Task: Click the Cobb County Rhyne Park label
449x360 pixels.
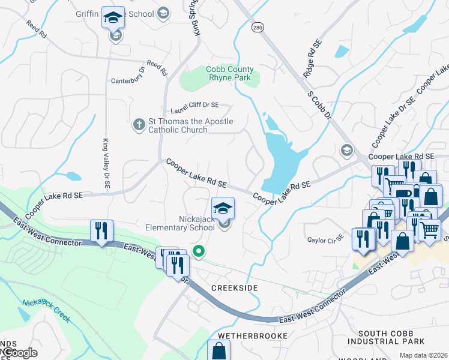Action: (x=231, y=73)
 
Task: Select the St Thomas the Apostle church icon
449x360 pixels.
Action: (x=138, y=124)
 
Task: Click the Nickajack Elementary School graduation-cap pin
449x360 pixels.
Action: (x=223, y=208)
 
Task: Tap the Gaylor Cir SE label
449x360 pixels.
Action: (x=325, y=239)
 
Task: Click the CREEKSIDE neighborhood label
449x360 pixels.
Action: (x=235, y=288)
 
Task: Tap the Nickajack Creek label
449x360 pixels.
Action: (x=46, y=311)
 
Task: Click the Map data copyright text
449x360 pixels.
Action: (x=424, y=355)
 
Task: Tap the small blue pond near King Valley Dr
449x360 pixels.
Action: (x=73, y=176)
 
